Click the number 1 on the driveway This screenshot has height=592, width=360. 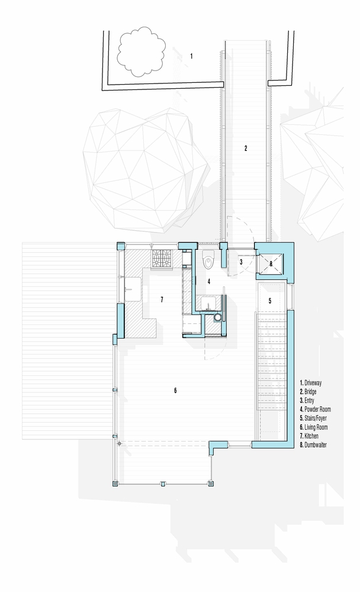pyautogui.click(x=191, y=56)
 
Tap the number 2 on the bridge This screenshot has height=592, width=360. pyautogui.click(x=246, y=149)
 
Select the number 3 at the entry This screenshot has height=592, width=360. pyautogui.click(x=241, y=261)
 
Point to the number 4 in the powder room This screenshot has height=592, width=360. pyautogui.click(x=208, y=281)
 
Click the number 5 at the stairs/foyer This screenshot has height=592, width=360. pyautogui.click(x=270, y=301)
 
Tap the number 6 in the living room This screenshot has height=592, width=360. pyautogui.click(x=175, y=390)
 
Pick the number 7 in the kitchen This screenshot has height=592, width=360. pyautogui.click(x=162, y=300)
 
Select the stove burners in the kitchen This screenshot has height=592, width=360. pyautogui.click(x=162, y=259)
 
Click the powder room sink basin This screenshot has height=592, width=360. pyautogui.click(x=208, y=303)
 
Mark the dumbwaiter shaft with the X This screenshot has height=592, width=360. pyautogui.click(x=271, y=264)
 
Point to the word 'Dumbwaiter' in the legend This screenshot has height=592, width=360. pyautogui.click(x=316, y=445)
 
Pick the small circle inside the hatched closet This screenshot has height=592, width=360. pyautogui.click(x=217, y=318)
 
